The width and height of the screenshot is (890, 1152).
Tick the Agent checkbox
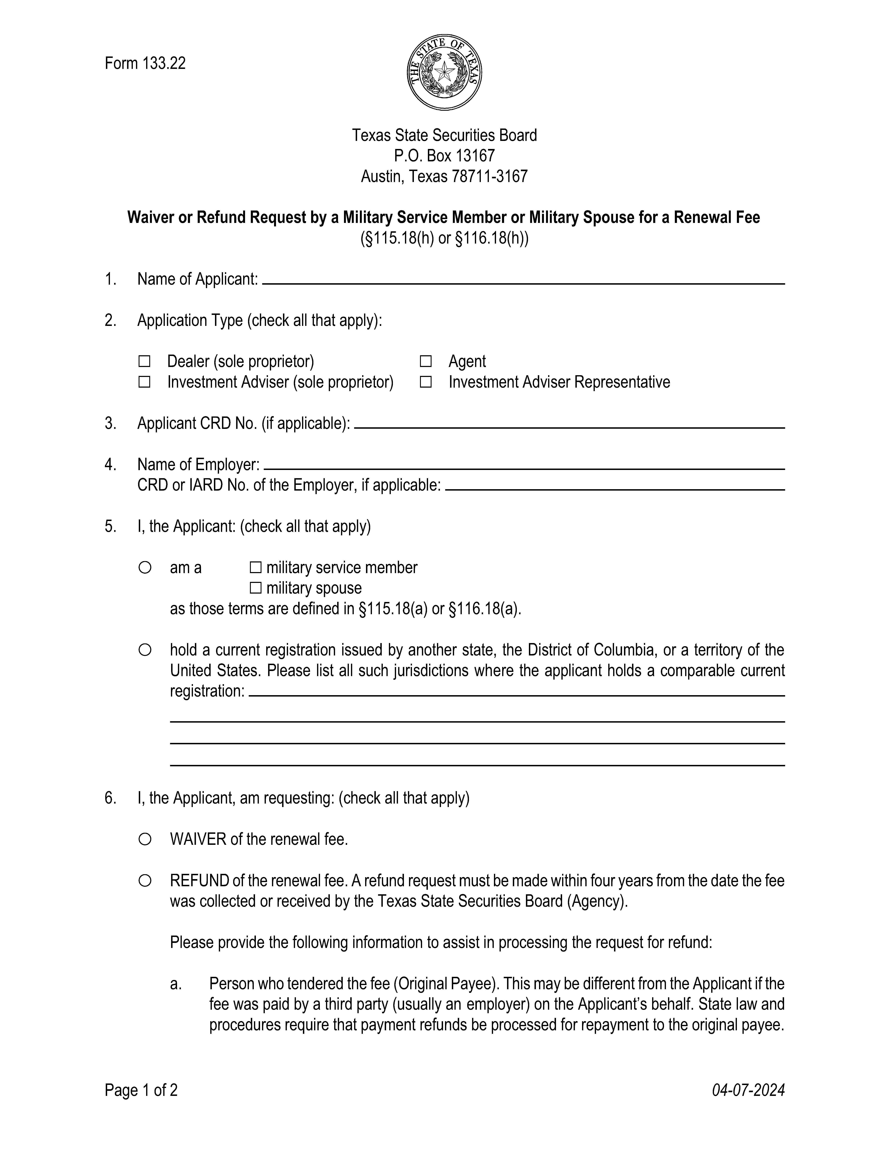[x=425, y=361]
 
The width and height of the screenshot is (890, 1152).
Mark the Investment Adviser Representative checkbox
[x=425, y=382]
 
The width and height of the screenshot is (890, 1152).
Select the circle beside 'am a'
[x=145, y=568]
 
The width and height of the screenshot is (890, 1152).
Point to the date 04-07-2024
[x=748, y=1090]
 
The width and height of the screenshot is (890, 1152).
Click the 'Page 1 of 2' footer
[x=141, y=1090]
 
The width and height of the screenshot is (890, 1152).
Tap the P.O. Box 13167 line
[x=444, y=156]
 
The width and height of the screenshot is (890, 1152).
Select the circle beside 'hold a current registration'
[x=145, y=650]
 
